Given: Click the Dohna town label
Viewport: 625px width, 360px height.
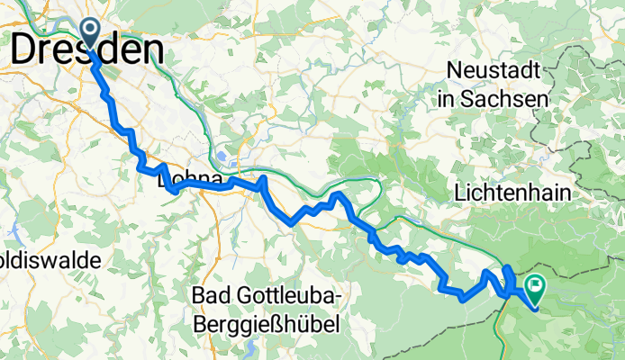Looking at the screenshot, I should [x=190, y=182].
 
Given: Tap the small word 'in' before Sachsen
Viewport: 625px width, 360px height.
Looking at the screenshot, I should [x=446, y=98].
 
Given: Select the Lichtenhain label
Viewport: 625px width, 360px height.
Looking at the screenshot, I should [x=517, y=193].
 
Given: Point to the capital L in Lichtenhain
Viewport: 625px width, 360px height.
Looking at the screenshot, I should [x=461, y=193].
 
